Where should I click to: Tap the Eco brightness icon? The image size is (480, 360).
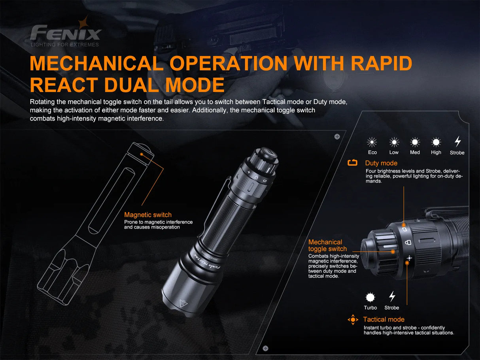click(372, 142)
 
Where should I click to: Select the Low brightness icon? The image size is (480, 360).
click(394, 142)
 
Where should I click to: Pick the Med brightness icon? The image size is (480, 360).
click(415, 142)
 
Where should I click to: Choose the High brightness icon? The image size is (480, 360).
click(436, 142)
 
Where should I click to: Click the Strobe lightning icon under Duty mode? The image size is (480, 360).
click(457, 141)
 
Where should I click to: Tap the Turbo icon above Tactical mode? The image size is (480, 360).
click(370, 297)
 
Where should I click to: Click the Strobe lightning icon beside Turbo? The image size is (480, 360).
click(392, 296)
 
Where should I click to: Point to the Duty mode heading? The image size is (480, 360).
click(381, 163)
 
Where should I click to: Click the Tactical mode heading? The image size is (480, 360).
click(384, 319)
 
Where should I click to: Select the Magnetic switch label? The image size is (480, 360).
click(148, 215)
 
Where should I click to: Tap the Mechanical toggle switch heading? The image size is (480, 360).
click(327, 245)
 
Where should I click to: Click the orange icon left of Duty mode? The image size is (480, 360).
click(352, 163)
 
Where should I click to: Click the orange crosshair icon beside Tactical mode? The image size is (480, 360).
click(353, 320)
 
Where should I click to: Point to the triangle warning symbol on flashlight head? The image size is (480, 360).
click(183, 303)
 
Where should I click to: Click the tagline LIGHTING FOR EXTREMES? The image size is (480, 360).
click(65, 45)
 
